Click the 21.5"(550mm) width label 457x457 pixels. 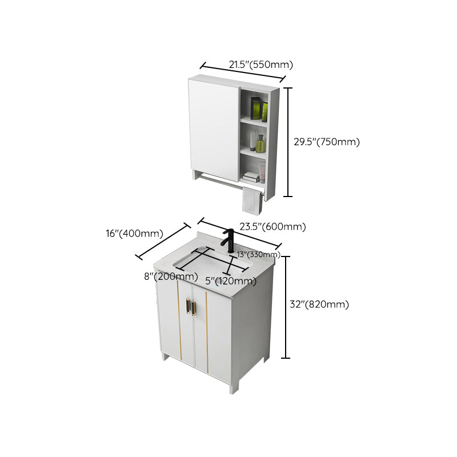pos(257,65)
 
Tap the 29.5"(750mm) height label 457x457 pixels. pos(327,142)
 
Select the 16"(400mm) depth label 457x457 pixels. pos(134,233)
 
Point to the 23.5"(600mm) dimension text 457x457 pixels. pos(272,227)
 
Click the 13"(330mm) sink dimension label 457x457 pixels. pos(258,254)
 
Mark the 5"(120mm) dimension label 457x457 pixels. pos(231,280)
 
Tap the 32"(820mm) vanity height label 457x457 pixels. pos(319,304)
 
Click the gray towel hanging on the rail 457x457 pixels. pos(250,201)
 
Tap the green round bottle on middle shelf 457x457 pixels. pos(260,143)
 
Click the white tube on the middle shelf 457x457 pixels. pos(252,141)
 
